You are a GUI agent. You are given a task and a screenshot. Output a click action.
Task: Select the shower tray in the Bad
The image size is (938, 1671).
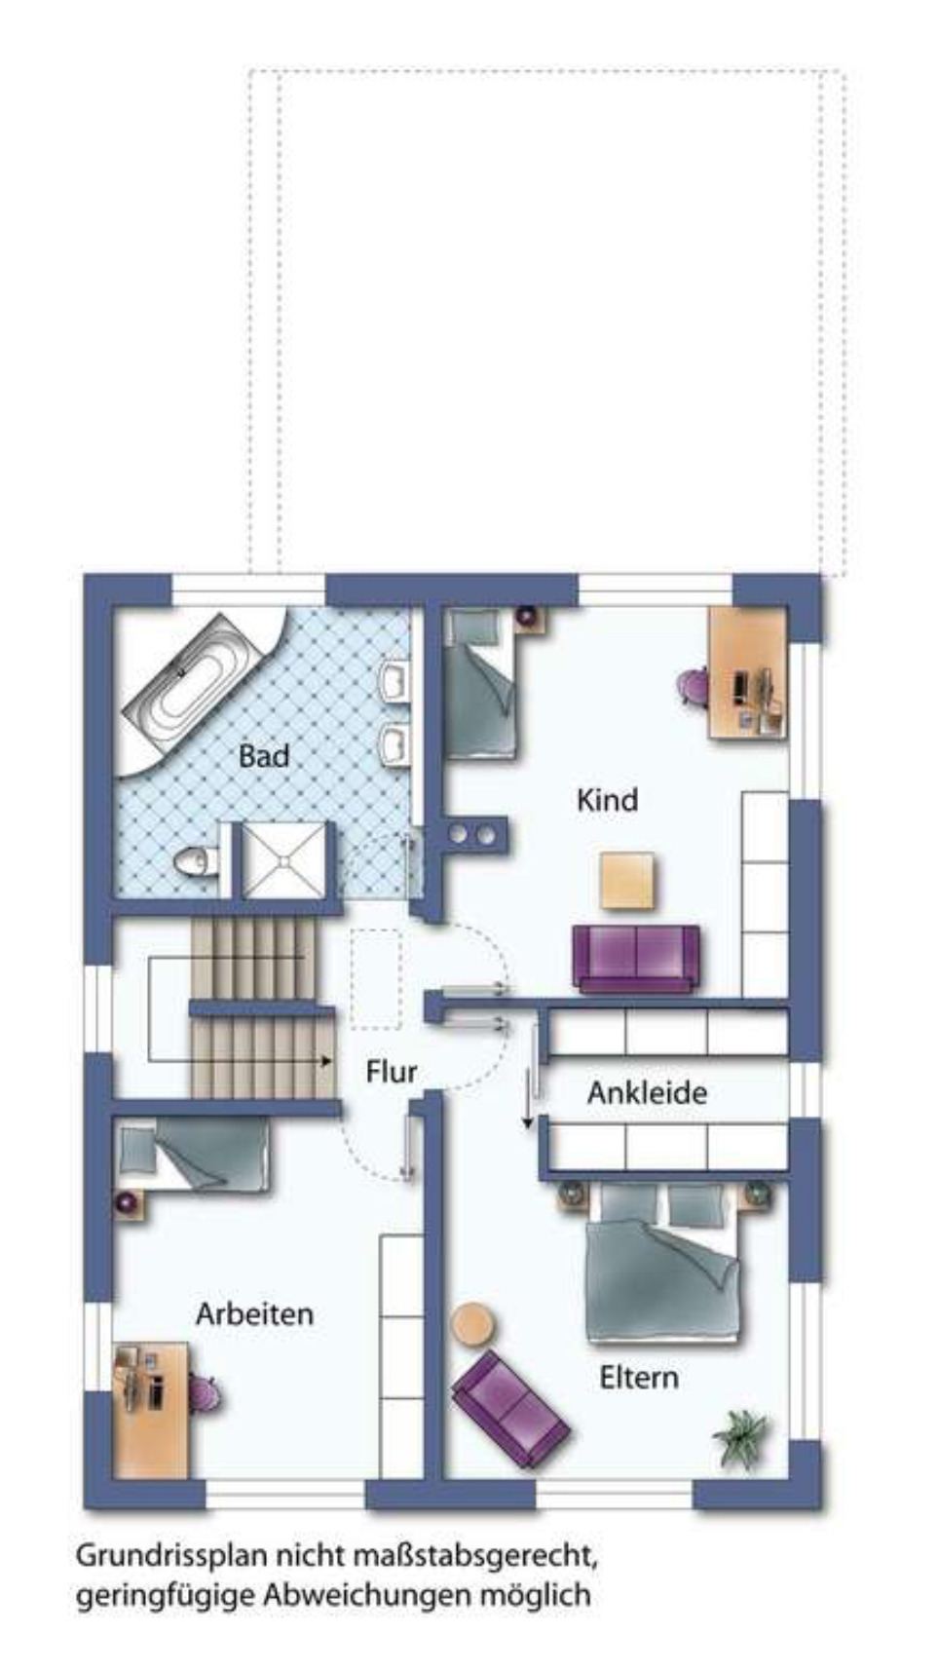click(x=283, y=859)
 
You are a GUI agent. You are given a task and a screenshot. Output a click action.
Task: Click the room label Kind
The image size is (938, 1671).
click(x=607, y=800)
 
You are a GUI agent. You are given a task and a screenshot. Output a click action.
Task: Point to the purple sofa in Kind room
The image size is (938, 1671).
click(x=636, y=959)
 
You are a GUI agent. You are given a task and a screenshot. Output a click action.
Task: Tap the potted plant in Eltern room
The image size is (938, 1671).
click(x=740, y=1437)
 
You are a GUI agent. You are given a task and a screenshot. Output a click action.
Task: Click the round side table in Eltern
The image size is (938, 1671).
click(x=475, y=1325)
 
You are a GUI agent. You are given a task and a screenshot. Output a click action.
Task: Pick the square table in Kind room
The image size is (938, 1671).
click(x=627, y=881)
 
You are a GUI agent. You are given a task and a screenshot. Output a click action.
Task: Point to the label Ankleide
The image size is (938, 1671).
click(x=647, y=1092)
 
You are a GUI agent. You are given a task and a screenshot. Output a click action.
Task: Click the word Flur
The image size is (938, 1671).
click(x=391, y=1072)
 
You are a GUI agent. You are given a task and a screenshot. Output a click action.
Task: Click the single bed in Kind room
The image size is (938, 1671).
click(x=480, y=682)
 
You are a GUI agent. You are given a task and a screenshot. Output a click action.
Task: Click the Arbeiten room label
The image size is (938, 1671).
click(x=254, y=1313)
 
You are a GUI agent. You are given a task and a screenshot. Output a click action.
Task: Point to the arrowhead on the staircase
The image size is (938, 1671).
click(x=327, y=1061)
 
